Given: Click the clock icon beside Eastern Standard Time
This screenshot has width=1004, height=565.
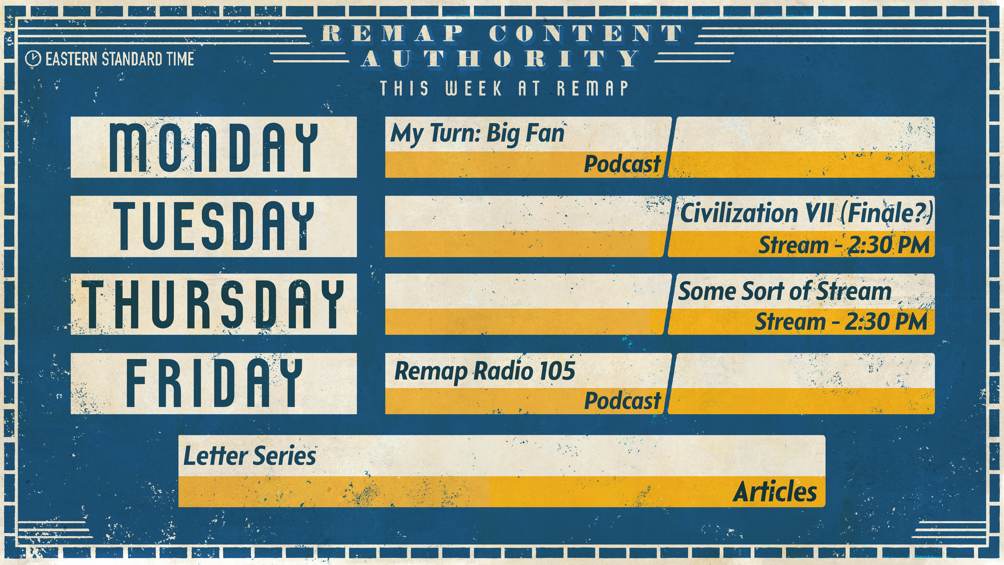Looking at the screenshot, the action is point(33,59).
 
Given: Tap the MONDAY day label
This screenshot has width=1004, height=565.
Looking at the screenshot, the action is point(214,148).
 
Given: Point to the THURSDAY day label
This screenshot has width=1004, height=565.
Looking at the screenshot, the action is point(214,304).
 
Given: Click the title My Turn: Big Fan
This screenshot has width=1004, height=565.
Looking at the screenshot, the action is point(477,135).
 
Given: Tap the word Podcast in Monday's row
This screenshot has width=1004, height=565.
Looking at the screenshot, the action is point(622,164).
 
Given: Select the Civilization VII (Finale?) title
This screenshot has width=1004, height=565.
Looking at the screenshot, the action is point(806,213).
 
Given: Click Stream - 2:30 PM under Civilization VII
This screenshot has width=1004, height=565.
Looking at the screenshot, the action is point(844,246).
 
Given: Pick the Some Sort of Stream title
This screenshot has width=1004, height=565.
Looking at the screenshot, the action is point(785,291).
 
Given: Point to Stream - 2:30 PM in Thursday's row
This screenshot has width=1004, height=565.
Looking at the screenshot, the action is point(841,322).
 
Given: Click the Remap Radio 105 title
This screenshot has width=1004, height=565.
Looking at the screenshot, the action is point(485,372).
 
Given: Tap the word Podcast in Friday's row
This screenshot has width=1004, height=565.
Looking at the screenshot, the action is point(622,401).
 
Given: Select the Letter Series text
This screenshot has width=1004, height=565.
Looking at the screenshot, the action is point(249,456).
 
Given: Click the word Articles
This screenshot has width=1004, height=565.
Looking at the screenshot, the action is point(775,492).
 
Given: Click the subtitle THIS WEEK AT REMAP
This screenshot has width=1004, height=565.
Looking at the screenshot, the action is point(504,89).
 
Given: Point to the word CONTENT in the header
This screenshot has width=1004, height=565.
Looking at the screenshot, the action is point(586,34).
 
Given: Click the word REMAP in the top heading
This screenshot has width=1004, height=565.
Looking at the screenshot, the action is point(393,34).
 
